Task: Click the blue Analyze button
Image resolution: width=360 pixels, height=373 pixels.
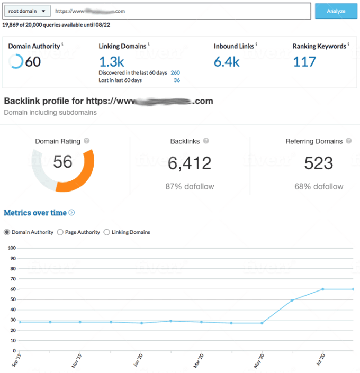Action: coord(336,11)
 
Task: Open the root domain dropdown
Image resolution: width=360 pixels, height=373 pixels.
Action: coord(28,11)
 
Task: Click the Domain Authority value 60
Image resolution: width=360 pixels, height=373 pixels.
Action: coord(32,62)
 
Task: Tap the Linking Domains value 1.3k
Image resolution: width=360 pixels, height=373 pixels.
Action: coord(111,62)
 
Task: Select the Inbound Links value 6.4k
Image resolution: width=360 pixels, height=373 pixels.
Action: coord(227,62)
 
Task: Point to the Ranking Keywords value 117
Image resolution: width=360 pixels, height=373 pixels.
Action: coord(304,62)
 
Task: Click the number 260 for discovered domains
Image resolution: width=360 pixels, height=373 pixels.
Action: coord(175,72)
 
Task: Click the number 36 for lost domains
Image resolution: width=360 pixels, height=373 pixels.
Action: coord(177,80)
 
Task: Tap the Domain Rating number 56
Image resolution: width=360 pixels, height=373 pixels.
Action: coord(62,162)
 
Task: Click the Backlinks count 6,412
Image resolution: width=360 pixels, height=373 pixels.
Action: coord(190,163)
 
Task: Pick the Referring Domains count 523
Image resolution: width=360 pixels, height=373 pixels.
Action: coord(319,163)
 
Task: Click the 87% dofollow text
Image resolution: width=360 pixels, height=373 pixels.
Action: coord(190,186)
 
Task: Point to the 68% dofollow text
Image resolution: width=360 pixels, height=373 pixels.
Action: coord(319,186)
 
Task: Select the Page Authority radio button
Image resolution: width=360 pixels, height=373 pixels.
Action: coord(60,232)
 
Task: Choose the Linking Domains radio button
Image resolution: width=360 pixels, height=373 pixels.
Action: coord(107,232)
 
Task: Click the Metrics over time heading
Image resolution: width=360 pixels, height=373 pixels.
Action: coord(35,213)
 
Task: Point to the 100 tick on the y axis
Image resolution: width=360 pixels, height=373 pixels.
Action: coord(11,248)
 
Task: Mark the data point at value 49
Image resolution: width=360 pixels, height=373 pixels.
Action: coord(292,301)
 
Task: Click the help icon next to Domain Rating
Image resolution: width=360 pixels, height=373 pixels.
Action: coord(86,141)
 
